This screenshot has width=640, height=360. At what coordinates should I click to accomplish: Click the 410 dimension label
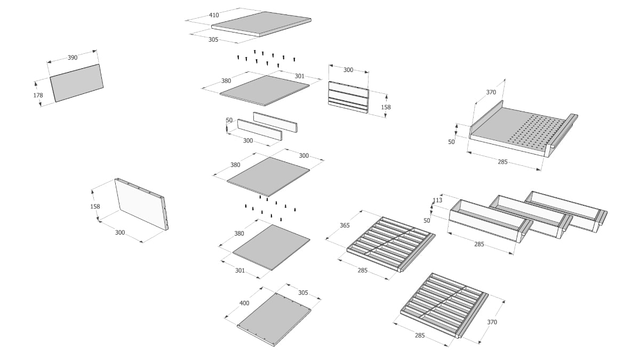[x=214, y=15]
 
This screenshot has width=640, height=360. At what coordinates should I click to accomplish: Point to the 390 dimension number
[x=73, y=58]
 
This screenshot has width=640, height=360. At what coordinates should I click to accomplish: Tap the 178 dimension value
[x=37, y=95]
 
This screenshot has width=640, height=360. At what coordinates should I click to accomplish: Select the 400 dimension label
[x=244, y=303]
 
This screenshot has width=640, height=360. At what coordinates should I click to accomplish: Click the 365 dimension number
[x=345, y=226]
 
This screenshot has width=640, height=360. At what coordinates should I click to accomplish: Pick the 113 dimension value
[x=437, y=201]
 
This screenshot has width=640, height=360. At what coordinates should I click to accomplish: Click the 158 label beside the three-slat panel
[x=386, y=107]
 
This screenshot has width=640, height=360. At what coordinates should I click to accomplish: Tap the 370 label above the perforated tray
[x=491, y=92]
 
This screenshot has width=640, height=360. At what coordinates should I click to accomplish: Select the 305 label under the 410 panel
[x=213, y=39]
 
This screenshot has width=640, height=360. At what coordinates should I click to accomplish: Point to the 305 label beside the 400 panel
[x=303, y=293]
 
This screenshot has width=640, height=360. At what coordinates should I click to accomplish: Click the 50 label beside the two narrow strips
[x=229, y=121]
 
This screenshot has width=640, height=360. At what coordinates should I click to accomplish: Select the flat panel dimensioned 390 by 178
[x=77, y=83]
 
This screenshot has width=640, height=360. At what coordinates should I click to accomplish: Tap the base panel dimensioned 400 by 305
[x=274, y=318]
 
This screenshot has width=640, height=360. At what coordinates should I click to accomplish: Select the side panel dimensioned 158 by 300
[x=141, y=203]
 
